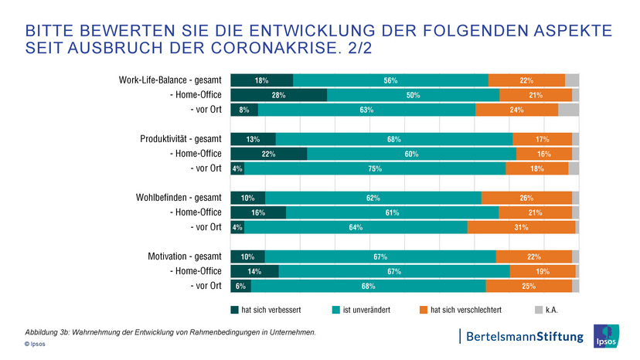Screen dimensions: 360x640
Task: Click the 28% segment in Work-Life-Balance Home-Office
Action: pyautogui.click(x=278, y=95)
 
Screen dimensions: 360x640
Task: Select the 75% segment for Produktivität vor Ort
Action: pyautogui.click(x=375, y=168)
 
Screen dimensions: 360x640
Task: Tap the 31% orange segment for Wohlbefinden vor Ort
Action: pyautogui.click(x=521, y=227)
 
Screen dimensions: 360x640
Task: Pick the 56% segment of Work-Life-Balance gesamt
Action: pyautogui.click(x=390, y=80)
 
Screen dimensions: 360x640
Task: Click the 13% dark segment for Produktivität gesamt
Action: pyautogui.click(x=253, y=139)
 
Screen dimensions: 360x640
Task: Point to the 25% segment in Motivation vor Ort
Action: pyautogui.click(x=529, y=286)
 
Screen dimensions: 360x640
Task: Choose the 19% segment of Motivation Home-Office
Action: pyautogui.click(x=543, y=271)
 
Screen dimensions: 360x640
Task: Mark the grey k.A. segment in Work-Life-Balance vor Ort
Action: pyautogui.click(x=568, y=110)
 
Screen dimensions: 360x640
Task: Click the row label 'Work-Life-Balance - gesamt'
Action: pyautogui.click(x=170, y=80)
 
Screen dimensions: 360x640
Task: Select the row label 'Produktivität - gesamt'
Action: pyautogui.click(x=181, y=139)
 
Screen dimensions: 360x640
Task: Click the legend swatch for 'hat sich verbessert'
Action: pyautogui.click(x=235, y=311)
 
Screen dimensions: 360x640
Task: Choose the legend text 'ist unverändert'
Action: pyautogui.click(x=366, y=311)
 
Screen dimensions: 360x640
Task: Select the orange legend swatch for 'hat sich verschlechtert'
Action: pyautogui.click(x=424, y=311)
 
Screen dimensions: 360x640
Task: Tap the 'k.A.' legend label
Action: pyautogui.click(x=552, y=311)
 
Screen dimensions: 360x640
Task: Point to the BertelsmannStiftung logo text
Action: pyautogui.click(x=522, y=336)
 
